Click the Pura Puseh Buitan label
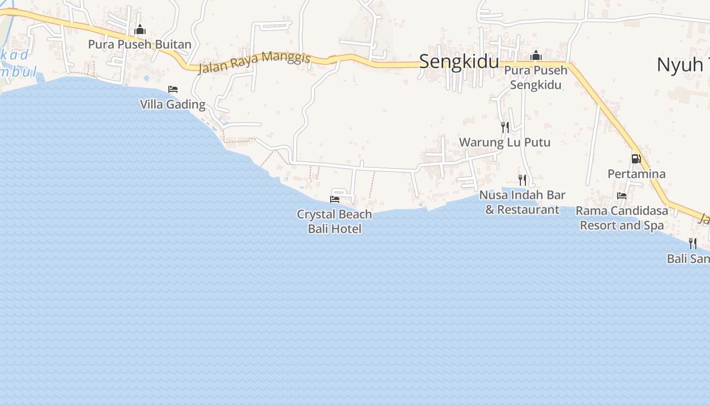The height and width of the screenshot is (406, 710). (139, 44)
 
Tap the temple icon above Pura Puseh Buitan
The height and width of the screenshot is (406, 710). (140, 30)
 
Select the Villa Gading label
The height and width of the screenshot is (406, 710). (172, 105)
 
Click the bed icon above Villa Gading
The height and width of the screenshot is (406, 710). (173, 89)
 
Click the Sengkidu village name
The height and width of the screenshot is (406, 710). (459, 61)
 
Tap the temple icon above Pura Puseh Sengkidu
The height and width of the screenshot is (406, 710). (536, 56)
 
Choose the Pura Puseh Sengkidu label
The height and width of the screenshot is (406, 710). (536, 77)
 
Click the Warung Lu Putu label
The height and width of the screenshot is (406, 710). (505, 142)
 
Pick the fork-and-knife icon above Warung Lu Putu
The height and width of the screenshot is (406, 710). (505, 127)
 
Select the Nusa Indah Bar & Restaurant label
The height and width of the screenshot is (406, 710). (522, 202)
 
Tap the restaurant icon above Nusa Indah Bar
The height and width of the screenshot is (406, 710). (522, 180)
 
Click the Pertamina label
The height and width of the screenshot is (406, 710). (636, 174)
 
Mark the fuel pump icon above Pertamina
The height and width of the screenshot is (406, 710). (636, 159)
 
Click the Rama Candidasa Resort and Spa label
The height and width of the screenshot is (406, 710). (622, 218)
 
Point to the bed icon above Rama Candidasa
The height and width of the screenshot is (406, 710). (622, 196)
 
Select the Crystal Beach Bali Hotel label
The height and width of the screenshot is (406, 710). (335, 221)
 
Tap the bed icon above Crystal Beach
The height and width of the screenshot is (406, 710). (335, 199)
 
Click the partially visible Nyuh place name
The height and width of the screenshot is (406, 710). (683, 64)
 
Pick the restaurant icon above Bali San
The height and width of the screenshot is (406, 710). (693, 244)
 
